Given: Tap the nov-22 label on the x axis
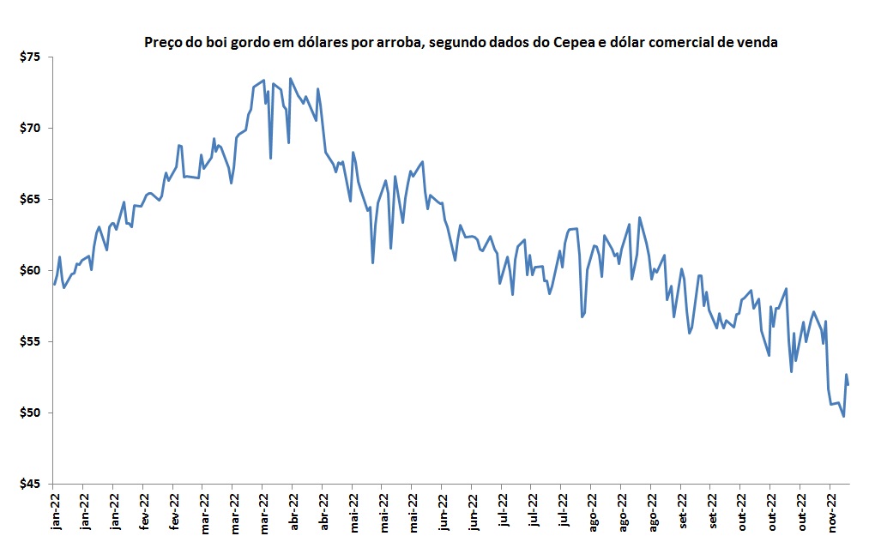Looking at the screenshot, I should (830, 513).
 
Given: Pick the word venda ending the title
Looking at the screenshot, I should (759, 41).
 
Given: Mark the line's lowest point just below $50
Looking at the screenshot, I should (843, 416).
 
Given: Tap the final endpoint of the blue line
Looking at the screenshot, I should (848, 384).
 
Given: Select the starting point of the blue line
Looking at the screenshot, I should (54, 284).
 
